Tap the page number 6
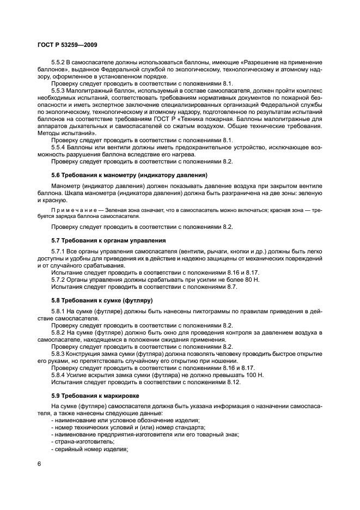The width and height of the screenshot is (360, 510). (x=40, y=463)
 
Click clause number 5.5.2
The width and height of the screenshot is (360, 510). (x=59, y=63)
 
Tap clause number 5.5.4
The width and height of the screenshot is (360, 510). (x=59, y=148)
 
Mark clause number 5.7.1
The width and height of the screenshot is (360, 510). (x=59, y=251)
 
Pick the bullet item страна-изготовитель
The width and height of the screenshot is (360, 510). (x=79, y=442)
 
